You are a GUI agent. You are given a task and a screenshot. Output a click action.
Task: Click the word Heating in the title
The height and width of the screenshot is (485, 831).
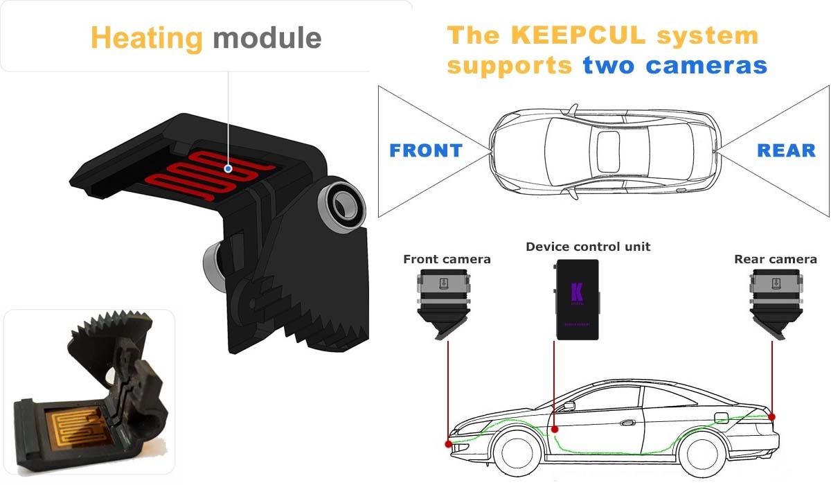146,37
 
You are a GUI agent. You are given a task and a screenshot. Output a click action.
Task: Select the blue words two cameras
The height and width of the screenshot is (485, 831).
674,66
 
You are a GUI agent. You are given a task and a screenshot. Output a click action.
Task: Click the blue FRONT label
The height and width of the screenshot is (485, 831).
425,150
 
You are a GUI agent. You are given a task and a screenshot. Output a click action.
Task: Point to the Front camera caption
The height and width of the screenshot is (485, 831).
447,260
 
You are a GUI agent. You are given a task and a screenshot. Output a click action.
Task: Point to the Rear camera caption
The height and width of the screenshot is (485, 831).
775,260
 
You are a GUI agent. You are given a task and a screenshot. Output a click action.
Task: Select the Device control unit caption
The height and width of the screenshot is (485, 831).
588,247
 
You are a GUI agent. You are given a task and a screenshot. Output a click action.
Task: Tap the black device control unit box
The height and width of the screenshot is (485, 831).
578,299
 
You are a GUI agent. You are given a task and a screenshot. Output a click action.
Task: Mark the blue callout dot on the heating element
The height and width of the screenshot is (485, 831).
228,168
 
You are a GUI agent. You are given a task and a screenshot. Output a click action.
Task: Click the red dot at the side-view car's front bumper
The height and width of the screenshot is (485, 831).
449,443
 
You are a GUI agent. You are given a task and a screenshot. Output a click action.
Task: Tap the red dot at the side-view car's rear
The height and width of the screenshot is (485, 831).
771,417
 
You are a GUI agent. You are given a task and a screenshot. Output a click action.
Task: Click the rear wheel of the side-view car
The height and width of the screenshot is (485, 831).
704,452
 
